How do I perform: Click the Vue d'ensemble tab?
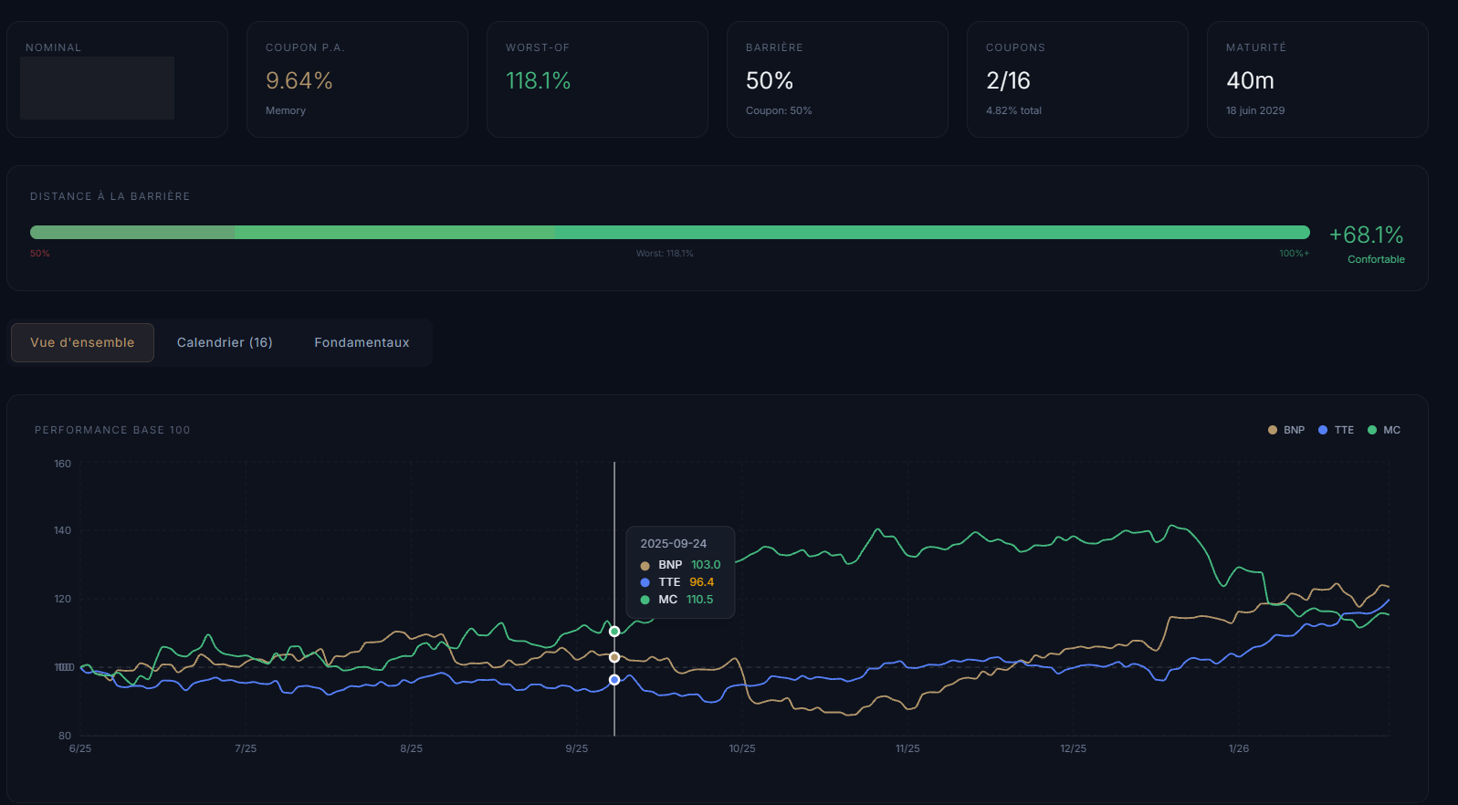coord(82,342)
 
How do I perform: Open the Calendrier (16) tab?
coord(225,342)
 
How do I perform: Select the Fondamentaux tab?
coord(362,342)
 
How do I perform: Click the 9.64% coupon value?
coord(299,81)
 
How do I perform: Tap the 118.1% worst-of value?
coord(538,81)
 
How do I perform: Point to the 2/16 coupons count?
coord(1008,81)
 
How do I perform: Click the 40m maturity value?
coord(1250,81)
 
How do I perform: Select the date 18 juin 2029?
coord(1254,110)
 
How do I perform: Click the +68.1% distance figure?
coord(1366,235)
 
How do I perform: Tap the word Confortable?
coord(1376,259)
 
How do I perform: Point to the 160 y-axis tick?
coord(62,464)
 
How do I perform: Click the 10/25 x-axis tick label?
coord(742,748)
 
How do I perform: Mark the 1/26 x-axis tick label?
coord(1238,748)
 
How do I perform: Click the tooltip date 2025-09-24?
coord(673,543)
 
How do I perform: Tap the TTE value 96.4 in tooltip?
coord(701,582)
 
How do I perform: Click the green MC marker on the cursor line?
coord(614,632)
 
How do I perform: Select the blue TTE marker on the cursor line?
coord(614,680)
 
